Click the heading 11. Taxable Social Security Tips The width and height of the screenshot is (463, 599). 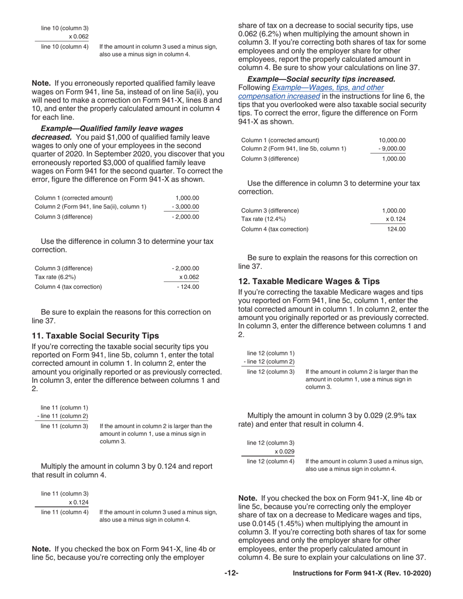click(x=95, y=336)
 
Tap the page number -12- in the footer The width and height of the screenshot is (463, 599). click(x=231, y=574)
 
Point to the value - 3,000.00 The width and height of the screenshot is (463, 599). click(x=185, y=207)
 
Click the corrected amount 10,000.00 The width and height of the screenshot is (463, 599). click(x=392, y=140)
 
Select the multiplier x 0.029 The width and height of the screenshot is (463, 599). click(x=284, y=451)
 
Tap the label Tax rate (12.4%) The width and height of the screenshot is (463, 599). click(x=264, y=219)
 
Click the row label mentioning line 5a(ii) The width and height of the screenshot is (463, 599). click(x=90, y=207)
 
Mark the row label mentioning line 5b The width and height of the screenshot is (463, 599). click(x=294, y=149)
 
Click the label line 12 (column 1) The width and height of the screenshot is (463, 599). click(x=270, y=353)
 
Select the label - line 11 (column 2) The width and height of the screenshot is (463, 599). click(x=63, y=416)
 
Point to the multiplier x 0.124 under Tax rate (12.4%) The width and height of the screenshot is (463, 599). click(x=395, y=219)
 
